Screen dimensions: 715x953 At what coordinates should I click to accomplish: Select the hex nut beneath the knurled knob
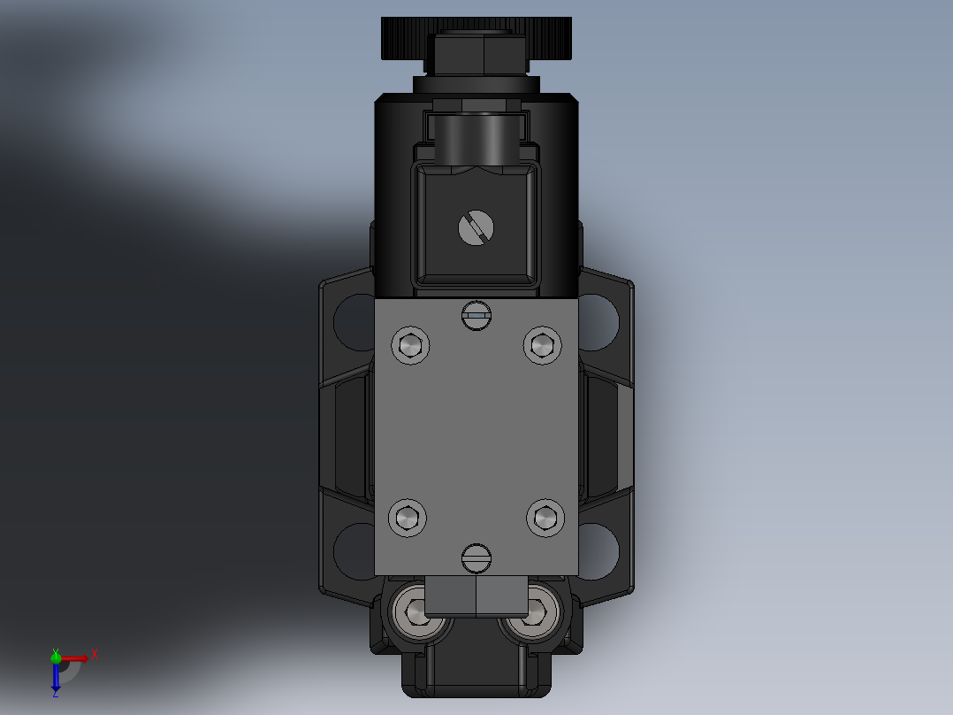476,54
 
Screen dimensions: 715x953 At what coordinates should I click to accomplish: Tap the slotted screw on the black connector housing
476,229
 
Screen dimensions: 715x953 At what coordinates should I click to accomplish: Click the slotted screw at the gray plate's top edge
476,315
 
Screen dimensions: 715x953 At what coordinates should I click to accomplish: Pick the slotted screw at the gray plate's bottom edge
476,557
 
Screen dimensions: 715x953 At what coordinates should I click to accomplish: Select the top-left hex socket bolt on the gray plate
409,345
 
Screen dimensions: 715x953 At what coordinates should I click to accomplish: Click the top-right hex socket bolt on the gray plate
542,345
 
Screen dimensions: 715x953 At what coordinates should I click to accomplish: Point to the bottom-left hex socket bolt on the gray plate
408,518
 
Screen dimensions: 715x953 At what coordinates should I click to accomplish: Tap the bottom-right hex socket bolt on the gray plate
545,518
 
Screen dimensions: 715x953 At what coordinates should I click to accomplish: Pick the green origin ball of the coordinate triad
56,657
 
